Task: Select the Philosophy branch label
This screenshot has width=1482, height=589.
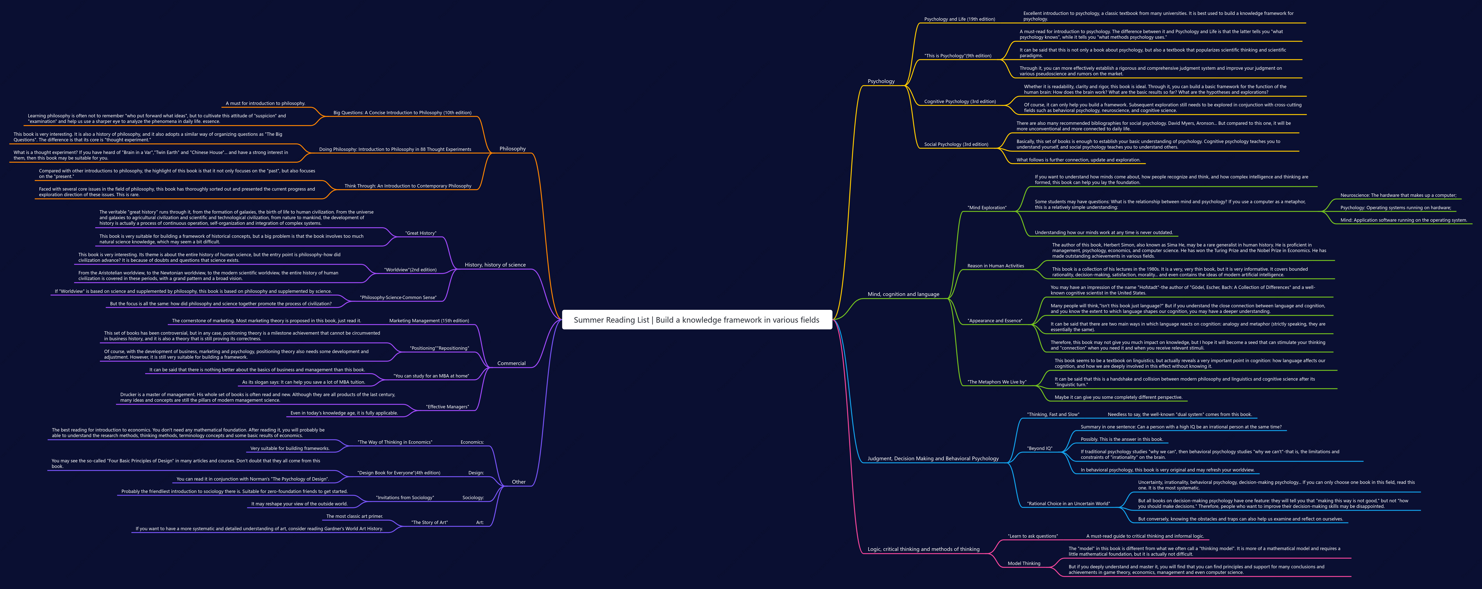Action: click(x=513, y=149)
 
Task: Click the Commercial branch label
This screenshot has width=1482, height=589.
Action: click(x=511, y=363)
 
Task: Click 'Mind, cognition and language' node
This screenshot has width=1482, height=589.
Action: click(x=903, y=294)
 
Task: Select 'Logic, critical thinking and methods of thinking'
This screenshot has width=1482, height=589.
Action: click(x=923, y=549)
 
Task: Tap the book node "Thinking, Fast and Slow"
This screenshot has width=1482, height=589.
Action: click(x=1053, y=415)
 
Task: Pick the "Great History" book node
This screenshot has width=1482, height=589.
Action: click(x=421, y=233)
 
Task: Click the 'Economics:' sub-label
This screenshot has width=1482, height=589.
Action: click(x=472, y=442)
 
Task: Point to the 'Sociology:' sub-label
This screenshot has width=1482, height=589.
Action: click(x=473, y=498)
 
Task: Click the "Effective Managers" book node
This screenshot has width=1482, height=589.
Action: click(x=447, y=407)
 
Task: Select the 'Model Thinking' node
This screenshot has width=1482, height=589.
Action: click(x=1024, y=564)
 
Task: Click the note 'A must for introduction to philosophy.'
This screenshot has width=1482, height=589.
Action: click(x=265, y=104)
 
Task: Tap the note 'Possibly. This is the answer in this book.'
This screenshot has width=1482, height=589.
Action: click(x=1121, y=439)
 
